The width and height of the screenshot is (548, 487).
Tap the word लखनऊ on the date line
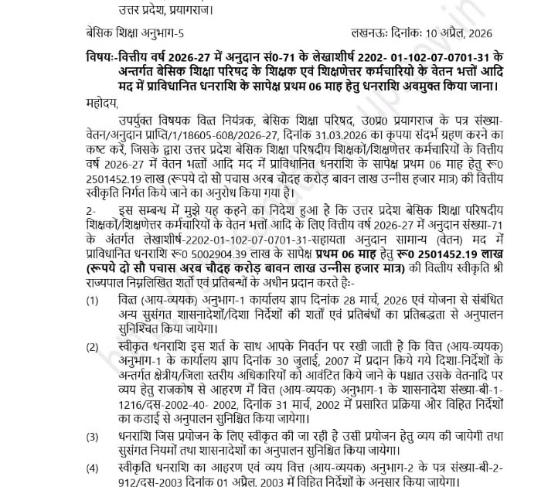(x=368, y=33)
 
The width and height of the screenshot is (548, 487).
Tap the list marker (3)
(x=93, y=436)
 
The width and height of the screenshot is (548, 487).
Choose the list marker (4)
(x=93, y=468)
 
